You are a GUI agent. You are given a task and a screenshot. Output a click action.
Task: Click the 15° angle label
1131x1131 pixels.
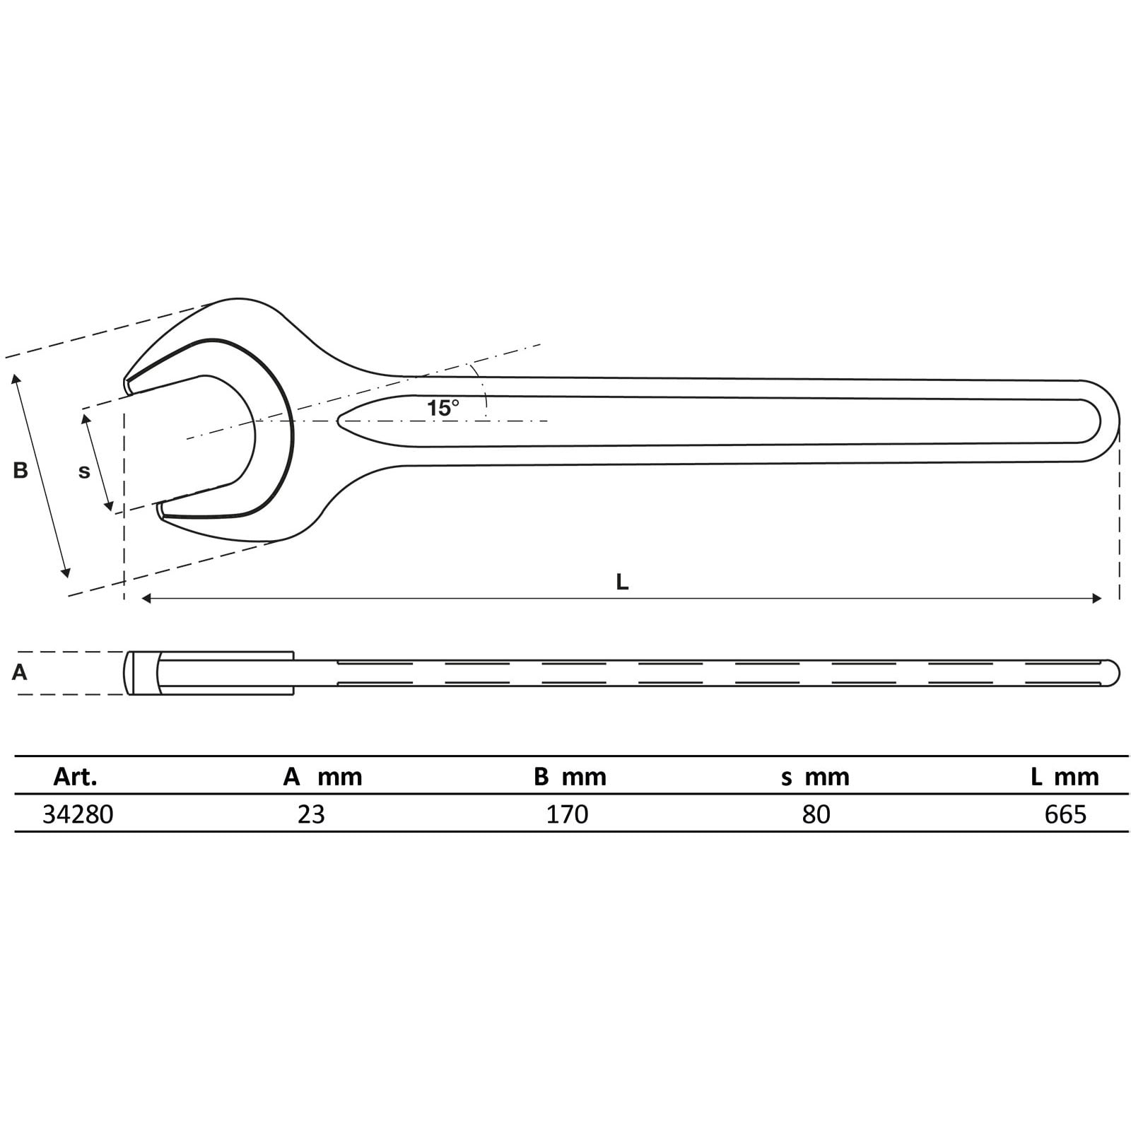(443, 408)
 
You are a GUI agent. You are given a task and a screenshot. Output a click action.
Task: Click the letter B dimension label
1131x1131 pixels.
(20, 470)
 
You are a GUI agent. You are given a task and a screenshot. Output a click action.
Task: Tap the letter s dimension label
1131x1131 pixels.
(84, 471)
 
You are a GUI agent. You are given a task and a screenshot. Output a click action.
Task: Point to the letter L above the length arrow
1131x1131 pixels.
(621, 582)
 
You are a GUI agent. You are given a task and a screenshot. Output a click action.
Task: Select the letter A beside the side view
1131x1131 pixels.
(20, 672)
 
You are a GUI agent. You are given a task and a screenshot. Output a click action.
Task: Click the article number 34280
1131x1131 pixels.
(78, 814)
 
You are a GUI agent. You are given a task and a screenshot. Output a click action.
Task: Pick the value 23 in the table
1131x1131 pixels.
(311, 814)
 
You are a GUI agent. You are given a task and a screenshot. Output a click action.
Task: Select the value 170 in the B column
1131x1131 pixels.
(567, 814)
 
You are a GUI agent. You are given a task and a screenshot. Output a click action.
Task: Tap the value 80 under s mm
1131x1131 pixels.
(816, 814)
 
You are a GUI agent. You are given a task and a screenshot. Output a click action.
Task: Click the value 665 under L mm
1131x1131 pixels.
(1065, 814)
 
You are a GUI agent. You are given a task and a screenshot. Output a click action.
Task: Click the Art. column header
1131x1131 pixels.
(75, 777)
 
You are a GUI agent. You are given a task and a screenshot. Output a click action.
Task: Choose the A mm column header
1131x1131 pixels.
(322, 777)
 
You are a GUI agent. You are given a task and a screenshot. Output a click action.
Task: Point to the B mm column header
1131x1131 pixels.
(570, 777)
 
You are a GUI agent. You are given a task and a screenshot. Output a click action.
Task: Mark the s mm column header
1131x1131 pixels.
(815, 777)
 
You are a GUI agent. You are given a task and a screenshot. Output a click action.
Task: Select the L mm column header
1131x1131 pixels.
(1065, 777)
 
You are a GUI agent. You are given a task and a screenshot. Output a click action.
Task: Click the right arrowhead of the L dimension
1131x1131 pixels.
(1097, 599)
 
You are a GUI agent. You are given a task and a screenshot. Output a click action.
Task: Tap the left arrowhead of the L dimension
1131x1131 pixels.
(146, 599)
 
